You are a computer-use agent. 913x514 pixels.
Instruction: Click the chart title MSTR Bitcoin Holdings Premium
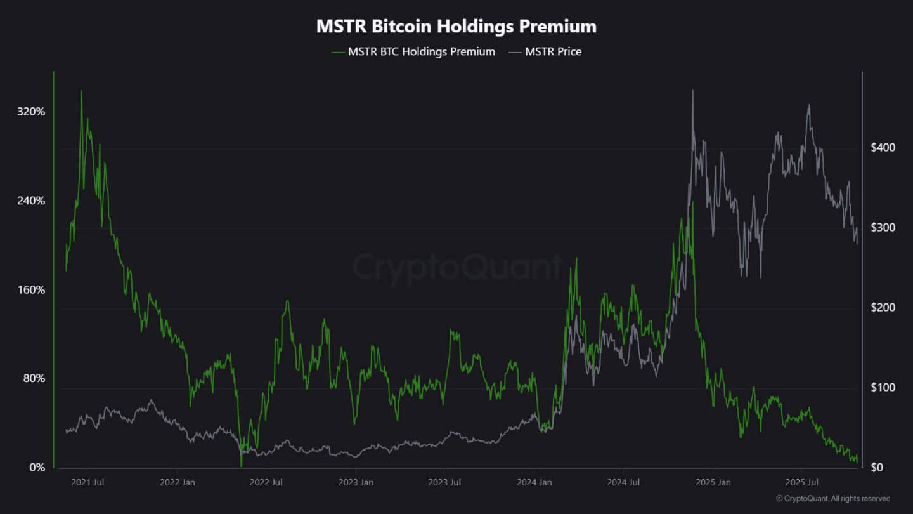coord(456,27)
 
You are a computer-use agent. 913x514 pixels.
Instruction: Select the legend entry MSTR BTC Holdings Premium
coord(421,52)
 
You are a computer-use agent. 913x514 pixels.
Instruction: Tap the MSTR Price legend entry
coord(553,52)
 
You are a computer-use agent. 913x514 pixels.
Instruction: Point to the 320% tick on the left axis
coord(31,112)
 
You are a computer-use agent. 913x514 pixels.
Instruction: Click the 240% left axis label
coord(31,201)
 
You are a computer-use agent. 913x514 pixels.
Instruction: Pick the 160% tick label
coord(31,290)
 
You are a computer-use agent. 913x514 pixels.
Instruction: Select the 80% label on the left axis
coord(34,378)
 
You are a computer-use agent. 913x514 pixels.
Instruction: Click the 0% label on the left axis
coord(37,468)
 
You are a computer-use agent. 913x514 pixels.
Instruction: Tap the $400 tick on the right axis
coord(883,148)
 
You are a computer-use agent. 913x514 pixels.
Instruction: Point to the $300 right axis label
coord(883,228)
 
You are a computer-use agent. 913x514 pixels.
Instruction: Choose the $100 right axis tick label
coord(883,388)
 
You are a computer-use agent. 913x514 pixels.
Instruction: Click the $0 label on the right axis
coord(876,468)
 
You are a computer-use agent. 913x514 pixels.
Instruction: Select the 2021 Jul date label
coord(87,482)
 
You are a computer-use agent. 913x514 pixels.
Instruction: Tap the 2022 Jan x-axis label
coord(177,482)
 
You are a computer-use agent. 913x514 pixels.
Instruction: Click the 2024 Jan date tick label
coord(534,482)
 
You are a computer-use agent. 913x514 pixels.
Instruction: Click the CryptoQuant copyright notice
coord(832,499)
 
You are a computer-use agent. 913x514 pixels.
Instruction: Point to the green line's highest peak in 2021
coord(81,91)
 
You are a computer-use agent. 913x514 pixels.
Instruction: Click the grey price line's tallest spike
coord(692,91)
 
